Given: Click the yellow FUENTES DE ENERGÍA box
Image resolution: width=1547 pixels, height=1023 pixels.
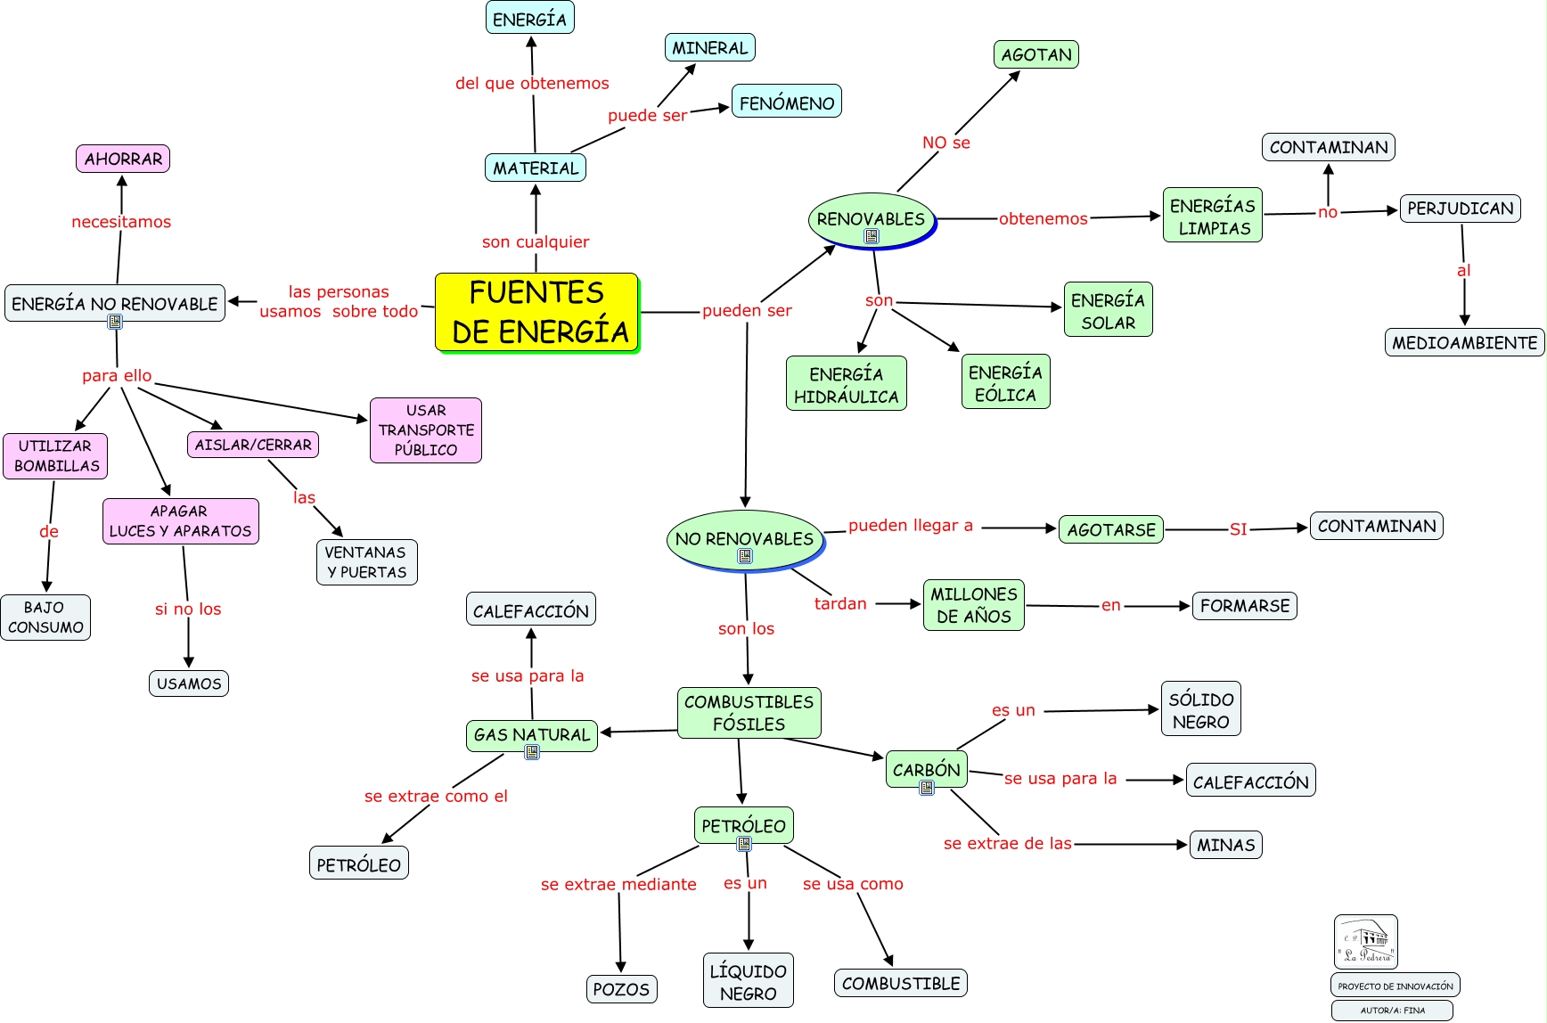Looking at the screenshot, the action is (x=537, y=313).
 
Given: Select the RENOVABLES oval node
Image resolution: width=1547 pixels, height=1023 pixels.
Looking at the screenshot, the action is (x=872, y=220).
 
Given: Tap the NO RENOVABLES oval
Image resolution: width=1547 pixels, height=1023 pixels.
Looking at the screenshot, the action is (x=745, y=540).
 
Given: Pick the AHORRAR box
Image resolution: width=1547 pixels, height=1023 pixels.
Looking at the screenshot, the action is (x=123, y=159).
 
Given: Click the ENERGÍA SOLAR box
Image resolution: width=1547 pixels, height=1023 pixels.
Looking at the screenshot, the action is (x=1109, y=309).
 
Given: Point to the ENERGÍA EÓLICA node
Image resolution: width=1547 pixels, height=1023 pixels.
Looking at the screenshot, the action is (x=1006, y=381).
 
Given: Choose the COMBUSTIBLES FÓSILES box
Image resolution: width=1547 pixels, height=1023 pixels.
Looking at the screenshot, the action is (x=749, y=713).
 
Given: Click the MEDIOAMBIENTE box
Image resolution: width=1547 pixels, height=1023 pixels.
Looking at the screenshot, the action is (x=1465, y=342).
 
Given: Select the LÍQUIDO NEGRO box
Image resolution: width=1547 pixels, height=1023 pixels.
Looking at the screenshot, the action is (x=749, y=981).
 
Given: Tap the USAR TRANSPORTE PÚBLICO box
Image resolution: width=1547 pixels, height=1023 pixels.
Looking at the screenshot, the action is (x=426, y=430).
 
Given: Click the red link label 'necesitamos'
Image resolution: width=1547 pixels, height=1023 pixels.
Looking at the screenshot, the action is (x=121, y=222).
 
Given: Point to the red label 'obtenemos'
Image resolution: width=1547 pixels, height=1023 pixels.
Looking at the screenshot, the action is (x=1044, y=218).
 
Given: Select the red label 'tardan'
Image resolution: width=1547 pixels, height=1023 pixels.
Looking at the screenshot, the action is (x=840, y=603).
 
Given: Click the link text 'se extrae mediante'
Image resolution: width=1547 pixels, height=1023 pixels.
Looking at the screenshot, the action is (x=618, y=884).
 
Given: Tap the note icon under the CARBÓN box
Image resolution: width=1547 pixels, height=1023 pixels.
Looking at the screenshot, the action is (x=927, y=788).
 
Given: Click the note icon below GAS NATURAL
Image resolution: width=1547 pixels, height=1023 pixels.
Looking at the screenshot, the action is (x=532, y=752).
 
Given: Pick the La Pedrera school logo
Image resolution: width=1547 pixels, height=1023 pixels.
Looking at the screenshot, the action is (x=1366, y=942).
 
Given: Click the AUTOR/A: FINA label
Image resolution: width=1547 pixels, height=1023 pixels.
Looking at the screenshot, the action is (x=1393, y=1011).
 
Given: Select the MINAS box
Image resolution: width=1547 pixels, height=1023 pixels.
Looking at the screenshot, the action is (x=1226, y=845).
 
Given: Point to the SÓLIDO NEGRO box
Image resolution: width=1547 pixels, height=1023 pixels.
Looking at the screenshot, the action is (x=1201, y=708).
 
